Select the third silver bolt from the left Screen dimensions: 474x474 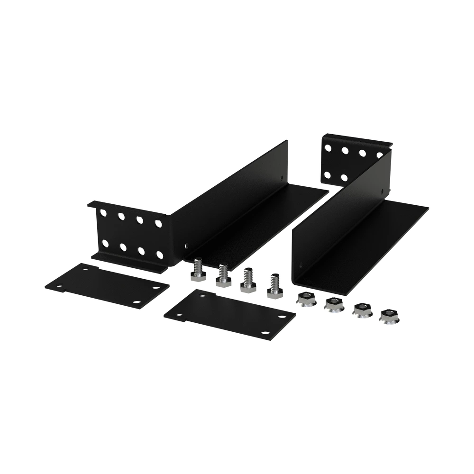[x=247, y=283]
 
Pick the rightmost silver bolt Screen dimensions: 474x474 [x=273, y=287]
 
